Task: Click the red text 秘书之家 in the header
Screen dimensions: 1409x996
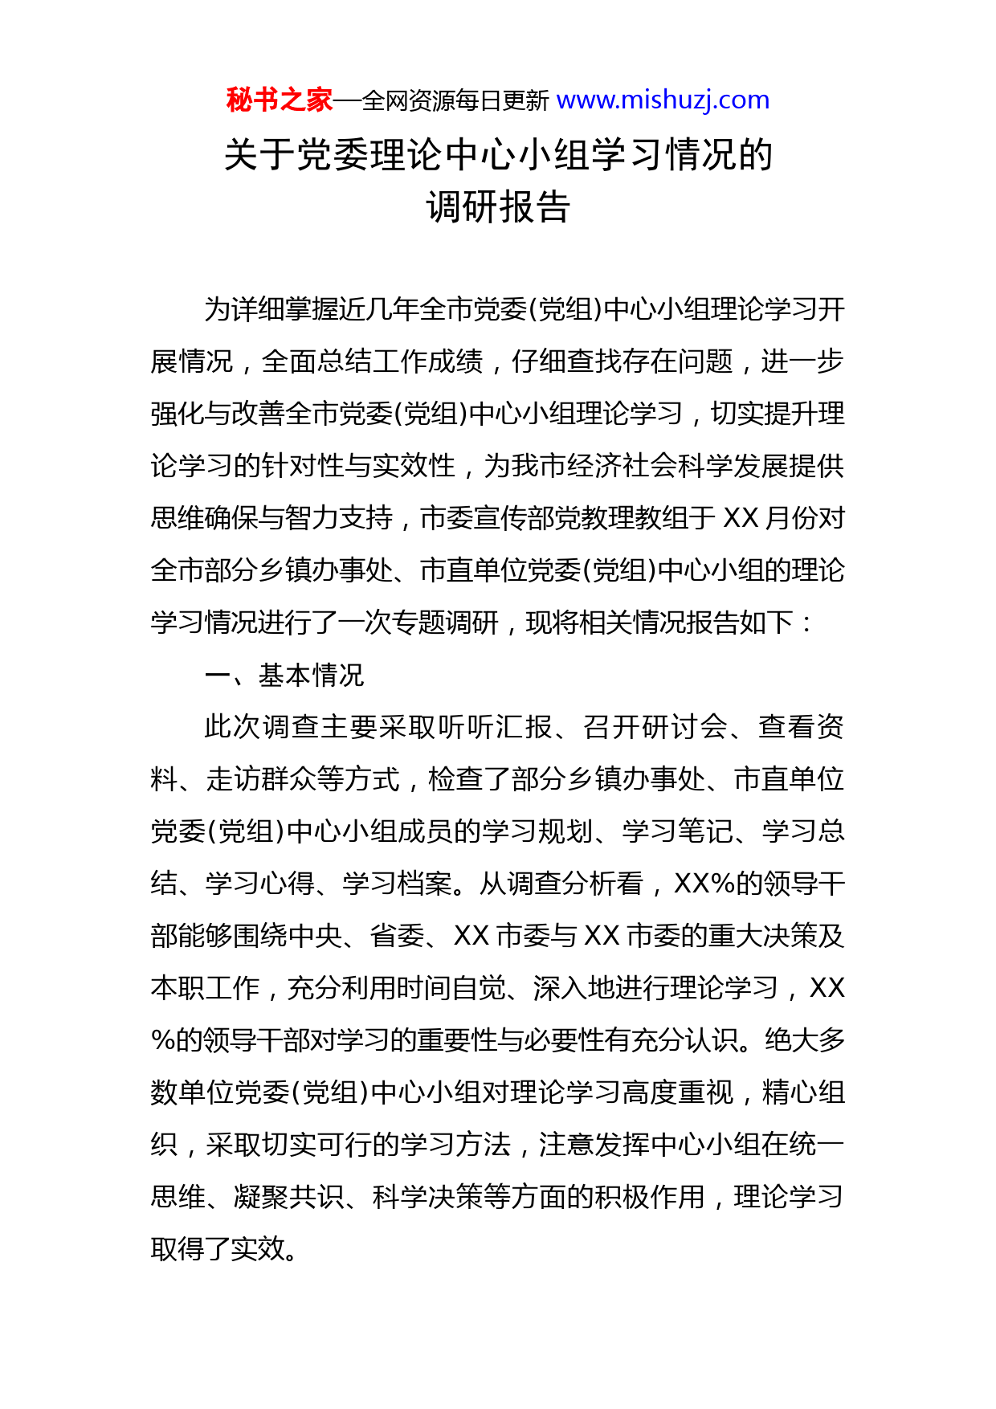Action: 279,100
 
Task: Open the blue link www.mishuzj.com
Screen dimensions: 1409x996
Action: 663,100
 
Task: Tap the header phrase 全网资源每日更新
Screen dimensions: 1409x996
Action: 455,101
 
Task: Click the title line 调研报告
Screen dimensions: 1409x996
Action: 498,206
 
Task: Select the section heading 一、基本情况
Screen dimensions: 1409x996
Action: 284,675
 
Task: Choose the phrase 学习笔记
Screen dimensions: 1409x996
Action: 677,831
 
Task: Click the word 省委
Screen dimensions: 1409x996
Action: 397,936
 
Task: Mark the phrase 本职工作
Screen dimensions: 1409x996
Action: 205,988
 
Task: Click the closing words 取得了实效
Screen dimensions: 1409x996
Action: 218,1249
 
